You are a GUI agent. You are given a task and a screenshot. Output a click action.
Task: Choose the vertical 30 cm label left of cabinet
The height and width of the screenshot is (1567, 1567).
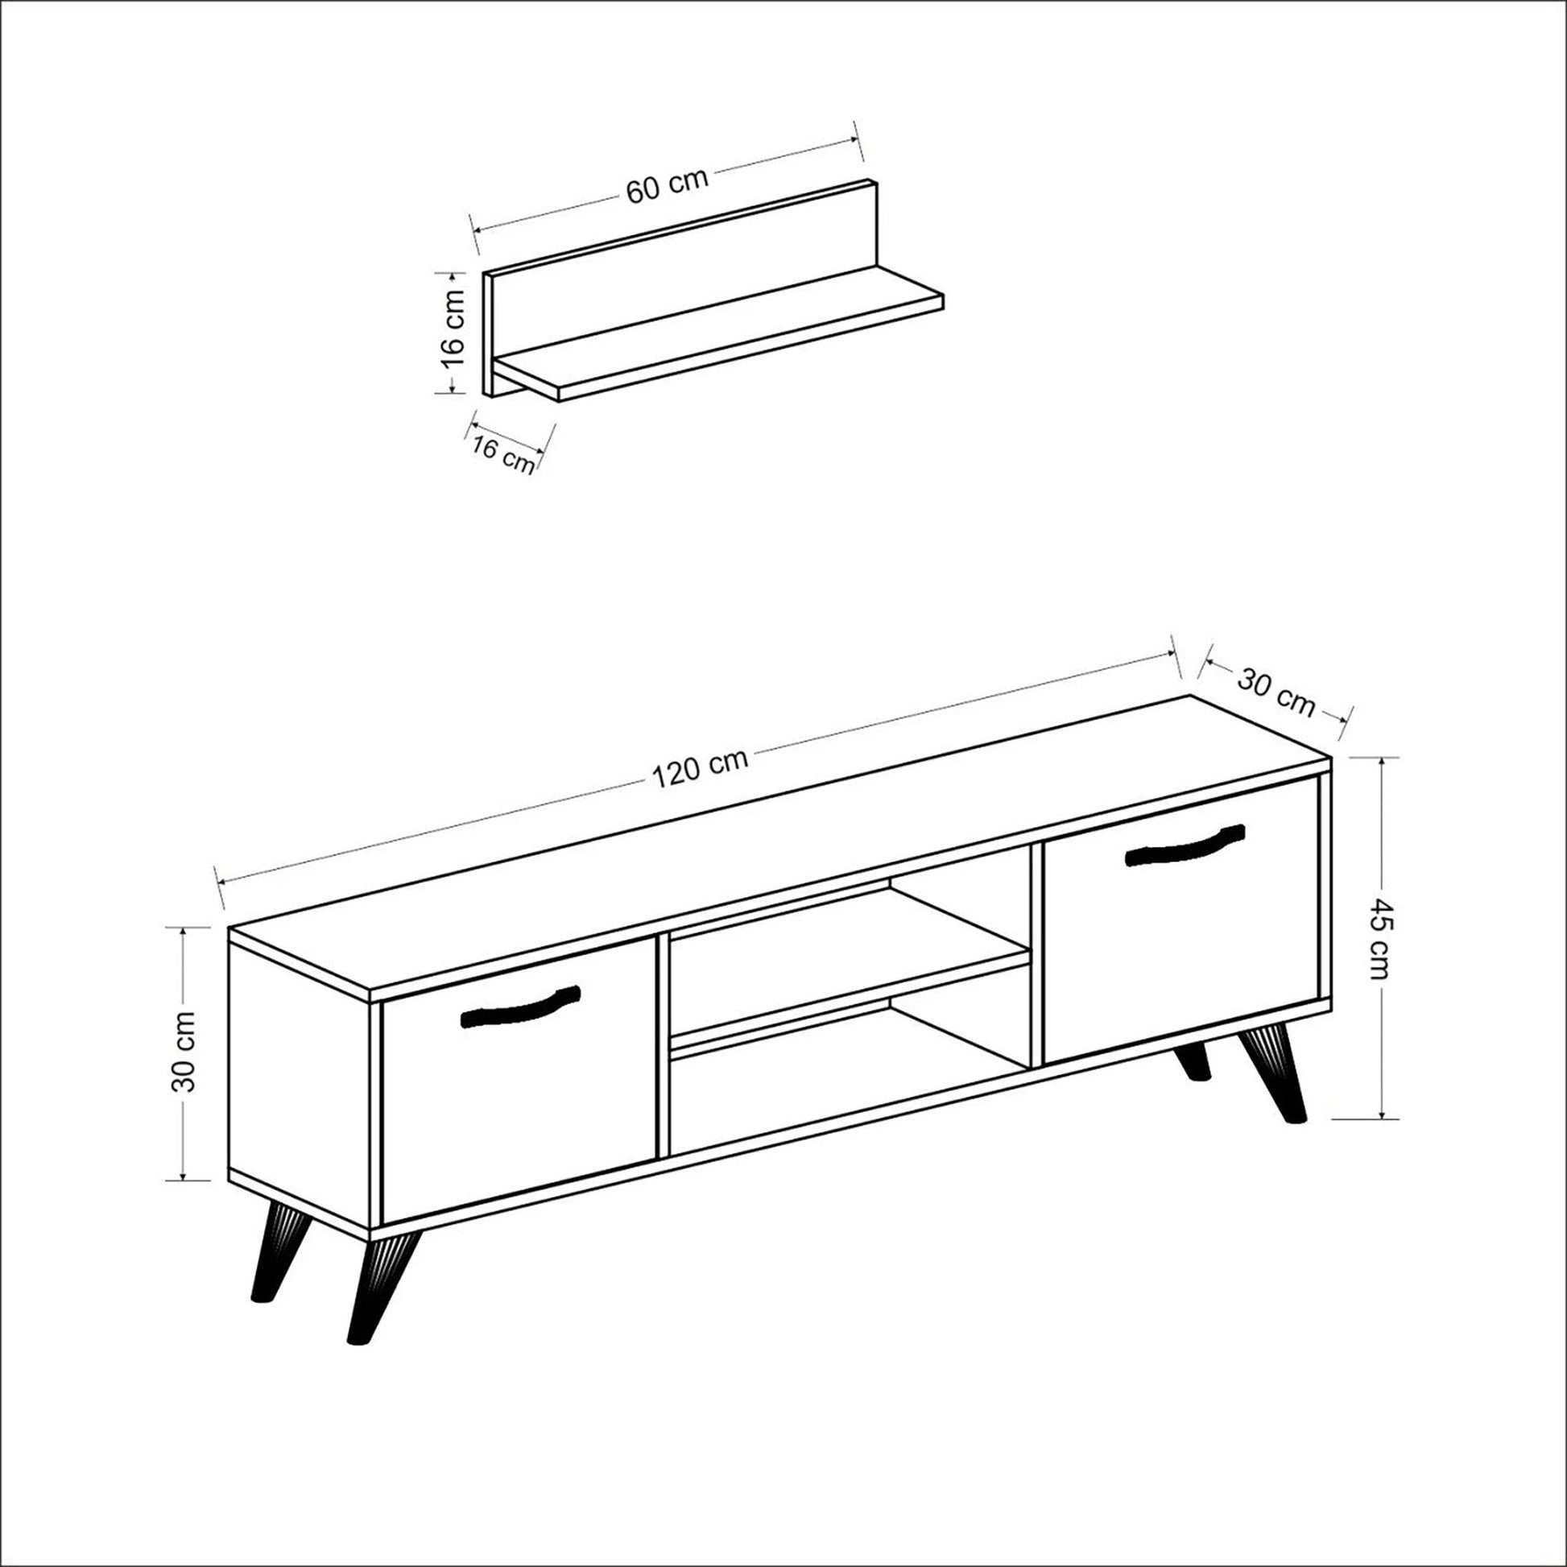185,1051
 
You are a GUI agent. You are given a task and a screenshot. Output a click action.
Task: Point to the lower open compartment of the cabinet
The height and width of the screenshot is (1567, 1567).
844,1071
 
